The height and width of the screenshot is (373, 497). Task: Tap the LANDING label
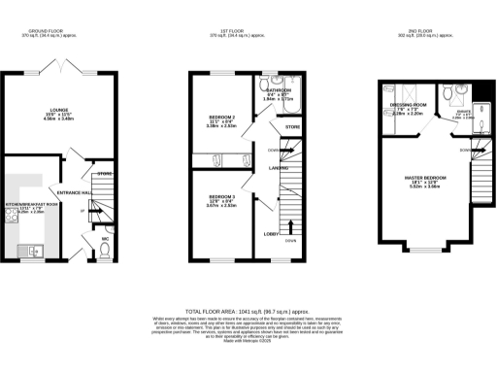click(x=277, y=167)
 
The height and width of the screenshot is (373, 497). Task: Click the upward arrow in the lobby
click(x=290, y=230)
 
